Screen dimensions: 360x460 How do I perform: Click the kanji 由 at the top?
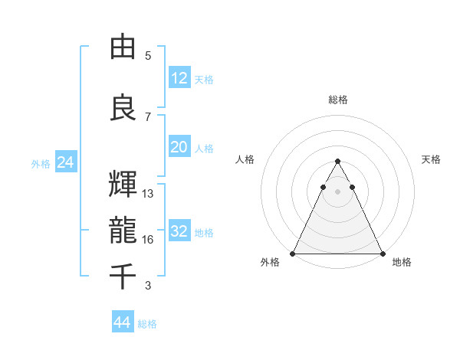point(123,47)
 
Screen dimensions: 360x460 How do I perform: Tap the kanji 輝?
point(123,185)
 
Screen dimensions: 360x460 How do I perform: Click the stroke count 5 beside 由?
point(148,56)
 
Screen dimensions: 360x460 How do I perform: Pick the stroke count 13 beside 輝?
point(148,194)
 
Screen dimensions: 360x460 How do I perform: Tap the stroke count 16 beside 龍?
point(148,240)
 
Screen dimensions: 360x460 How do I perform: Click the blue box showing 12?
point(179,78)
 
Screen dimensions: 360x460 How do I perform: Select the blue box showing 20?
point(179,147)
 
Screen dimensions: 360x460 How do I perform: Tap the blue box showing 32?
point(179,231)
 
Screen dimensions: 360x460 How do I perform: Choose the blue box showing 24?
point(65,162)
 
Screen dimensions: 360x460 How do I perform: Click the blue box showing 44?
point(123,322)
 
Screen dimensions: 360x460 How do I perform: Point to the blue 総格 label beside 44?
point(147,324)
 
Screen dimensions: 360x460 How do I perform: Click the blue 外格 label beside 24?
point(41,163)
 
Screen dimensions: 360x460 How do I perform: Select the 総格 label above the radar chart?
point(337,100)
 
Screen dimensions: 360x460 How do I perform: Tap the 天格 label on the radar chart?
point(431,159)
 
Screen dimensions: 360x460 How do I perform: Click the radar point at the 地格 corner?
point(382,253)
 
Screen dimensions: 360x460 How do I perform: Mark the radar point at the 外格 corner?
point(293,253)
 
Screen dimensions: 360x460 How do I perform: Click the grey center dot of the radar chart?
point(337,191)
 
